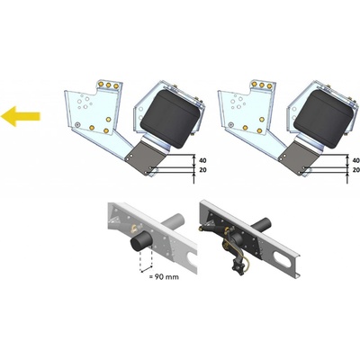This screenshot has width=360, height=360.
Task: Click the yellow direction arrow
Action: [x=20, y=116]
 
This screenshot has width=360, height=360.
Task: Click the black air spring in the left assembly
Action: [x=171, y=119]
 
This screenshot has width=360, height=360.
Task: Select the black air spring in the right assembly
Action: [x=324, y=119]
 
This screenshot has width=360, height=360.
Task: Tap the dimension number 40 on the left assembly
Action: [x=202, y=161]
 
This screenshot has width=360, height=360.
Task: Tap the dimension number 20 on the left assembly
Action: [x=202, y=170]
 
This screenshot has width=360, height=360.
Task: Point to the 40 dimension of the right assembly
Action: [x=356, y=161]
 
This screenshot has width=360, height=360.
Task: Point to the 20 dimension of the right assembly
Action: [x=356, y=170]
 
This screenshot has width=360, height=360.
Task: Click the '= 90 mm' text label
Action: [x=164, y=276]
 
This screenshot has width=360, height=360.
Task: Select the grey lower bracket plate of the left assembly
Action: [x=146, y=158]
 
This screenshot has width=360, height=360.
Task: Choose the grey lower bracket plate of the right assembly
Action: [x=299, y=158]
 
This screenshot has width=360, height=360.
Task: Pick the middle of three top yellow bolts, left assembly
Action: [x=109, y=85]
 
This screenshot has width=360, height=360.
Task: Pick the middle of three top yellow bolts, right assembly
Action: [x=262, y=85]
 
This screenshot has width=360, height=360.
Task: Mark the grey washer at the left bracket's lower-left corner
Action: [x=77, y=124]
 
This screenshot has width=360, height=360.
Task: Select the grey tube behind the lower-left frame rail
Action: [x=175, y=220]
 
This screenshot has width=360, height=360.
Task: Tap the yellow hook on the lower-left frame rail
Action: [x=133, y=229]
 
